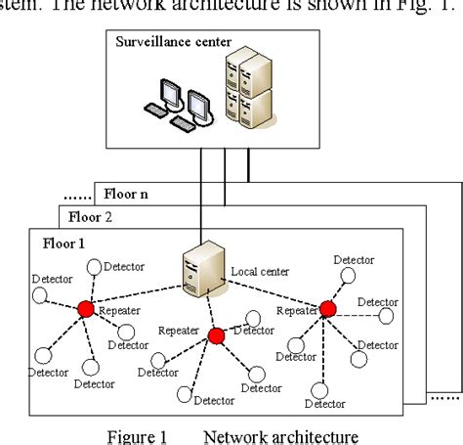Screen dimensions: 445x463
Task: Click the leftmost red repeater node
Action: (85, 309)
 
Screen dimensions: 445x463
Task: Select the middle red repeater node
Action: (217, 335)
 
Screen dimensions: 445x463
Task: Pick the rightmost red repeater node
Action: (327, 309)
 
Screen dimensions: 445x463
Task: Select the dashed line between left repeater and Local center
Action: (137, 294)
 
